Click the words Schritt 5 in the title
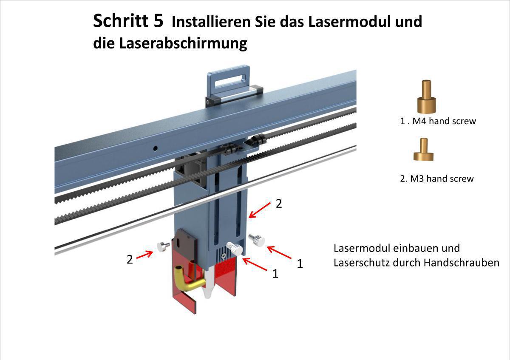(x=127, y=21)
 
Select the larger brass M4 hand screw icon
(x=425, y=97)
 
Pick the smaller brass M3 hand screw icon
(x=423, y=150)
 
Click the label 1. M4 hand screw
(x=438, y=121)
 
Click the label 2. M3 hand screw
(x=436, y=179)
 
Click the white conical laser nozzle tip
(x=209, y=291)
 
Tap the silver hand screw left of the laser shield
(x=164, y=246)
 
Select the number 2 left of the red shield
(x=130, y=259)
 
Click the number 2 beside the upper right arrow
(x=279, y=204)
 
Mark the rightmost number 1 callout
(x=300, y=264)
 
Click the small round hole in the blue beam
(x=156, y=148)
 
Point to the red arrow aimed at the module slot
(x=259, y=211)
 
